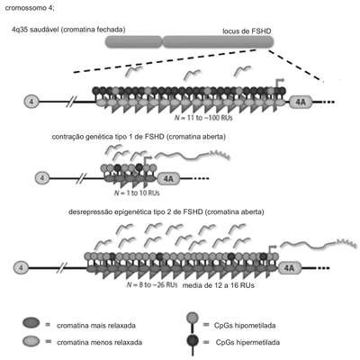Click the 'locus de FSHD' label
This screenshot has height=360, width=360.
247,31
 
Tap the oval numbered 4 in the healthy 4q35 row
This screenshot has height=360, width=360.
31,102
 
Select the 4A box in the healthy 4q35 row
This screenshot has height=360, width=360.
301,102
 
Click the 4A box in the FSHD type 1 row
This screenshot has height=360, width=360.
168,178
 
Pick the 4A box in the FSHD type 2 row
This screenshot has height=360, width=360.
290,267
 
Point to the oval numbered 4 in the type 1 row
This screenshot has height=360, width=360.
42,178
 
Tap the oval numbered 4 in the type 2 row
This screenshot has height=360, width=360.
21,267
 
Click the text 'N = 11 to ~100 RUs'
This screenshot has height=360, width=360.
203,118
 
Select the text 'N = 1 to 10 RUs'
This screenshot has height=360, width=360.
137,193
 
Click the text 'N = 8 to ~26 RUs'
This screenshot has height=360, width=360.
152,284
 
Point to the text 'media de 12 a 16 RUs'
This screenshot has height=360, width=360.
219,285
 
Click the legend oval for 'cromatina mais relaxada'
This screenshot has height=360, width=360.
31,323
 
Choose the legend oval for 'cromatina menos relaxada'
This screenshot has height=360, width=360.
31,341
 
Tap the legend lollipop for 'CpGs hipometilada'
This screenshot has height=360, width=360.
193,322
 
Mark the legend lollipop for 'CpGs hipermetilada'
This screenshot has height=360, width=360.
193,344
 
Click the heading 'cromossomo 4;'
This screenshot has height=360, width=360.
30,8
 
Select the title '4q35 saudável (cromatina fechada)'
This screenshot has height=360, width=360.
68,30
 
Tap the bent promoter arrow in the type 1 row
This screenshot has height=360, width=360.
148,161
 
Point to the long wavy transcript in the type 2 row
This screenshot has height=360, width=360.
319,244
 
